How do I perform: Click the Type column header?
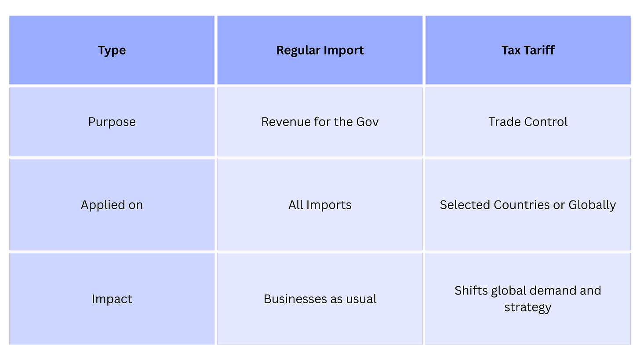pyautogui.click(x=112, y=50)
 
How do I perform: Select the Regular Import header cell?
pyautogui.click(x=320, y=50)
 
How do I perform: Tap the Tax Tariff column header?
pyautogui.click(x=528, y=50)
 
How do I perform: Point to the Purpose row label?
pyautogui.click(x=112, y=122)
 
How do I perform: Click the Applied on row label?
pyautogui.click(x=112, y=205)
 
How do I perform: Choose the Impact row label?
pyautogui.click(x=112, y=299)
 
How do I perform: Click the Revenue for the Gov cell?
pyautogui.click(x=320, y=122)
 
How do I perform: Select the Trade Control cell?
pyautogui.click(x=528, y=122)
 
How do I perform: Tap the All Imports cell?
pyautogui.click(x=320, y=205)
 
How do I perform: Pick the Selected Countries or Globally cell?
pyautogui.click(x=528, y=205)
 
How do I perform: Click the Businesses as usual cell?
pyautogui.click(x=320, y=299)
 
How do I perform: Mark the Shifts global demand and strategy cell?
pyautogui.click(x=528, y=298)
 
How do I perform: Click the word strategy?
pyautogui.click(x=528, y=307)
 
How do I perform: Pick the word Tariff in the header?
pyautogui.click(x=539, y=50)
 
